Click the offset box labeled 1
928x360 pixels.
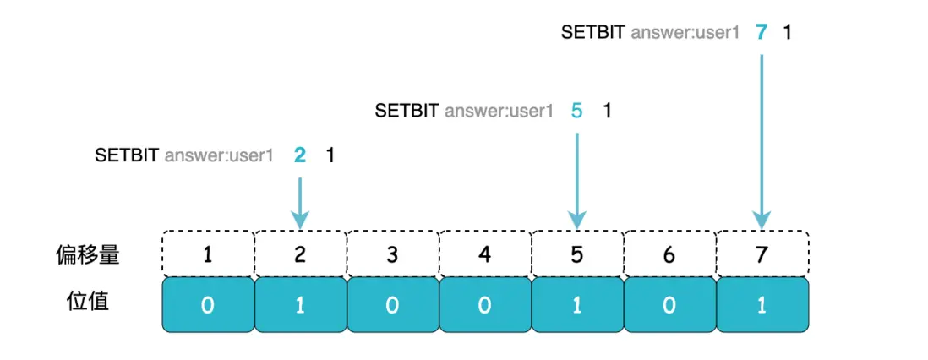pos(208,254)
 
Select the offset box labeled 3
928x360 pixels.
pos(392,254)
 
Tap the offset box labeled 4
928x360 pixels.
pos(485,254)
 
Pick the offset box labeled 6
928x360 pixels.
pos(669,254)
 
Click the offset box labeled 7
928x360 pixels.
pos(762,254)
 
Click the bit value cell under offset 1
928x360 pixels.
pos(208,305)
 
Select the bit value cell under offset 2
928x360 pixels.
pos(300,305)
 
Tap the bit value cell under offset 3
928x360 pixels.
pos(392,305)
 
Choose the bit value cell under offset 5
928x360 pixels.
pos(577,305)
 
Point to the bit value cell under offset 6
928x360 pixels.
pos(669,305)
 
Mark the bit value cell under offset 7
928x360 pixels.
pos(762,305)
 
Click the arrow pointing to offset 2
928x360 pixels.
pos(300,203)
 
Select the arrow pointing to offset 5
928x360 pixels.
pos(577,181)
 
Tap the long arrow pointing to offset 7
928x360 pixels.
pos(762,141)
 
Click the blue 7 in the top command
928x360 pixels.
pos(762,32)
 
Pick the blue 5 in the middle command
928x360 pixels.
pos(576,110)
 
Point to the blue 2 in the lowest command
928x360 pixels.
pos(299,155)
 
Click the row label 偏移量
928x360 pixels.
pos(86,254)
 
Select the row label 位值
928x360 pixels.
pos(88,301)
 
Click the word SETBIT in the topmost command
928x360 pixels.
pos(593,32)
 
